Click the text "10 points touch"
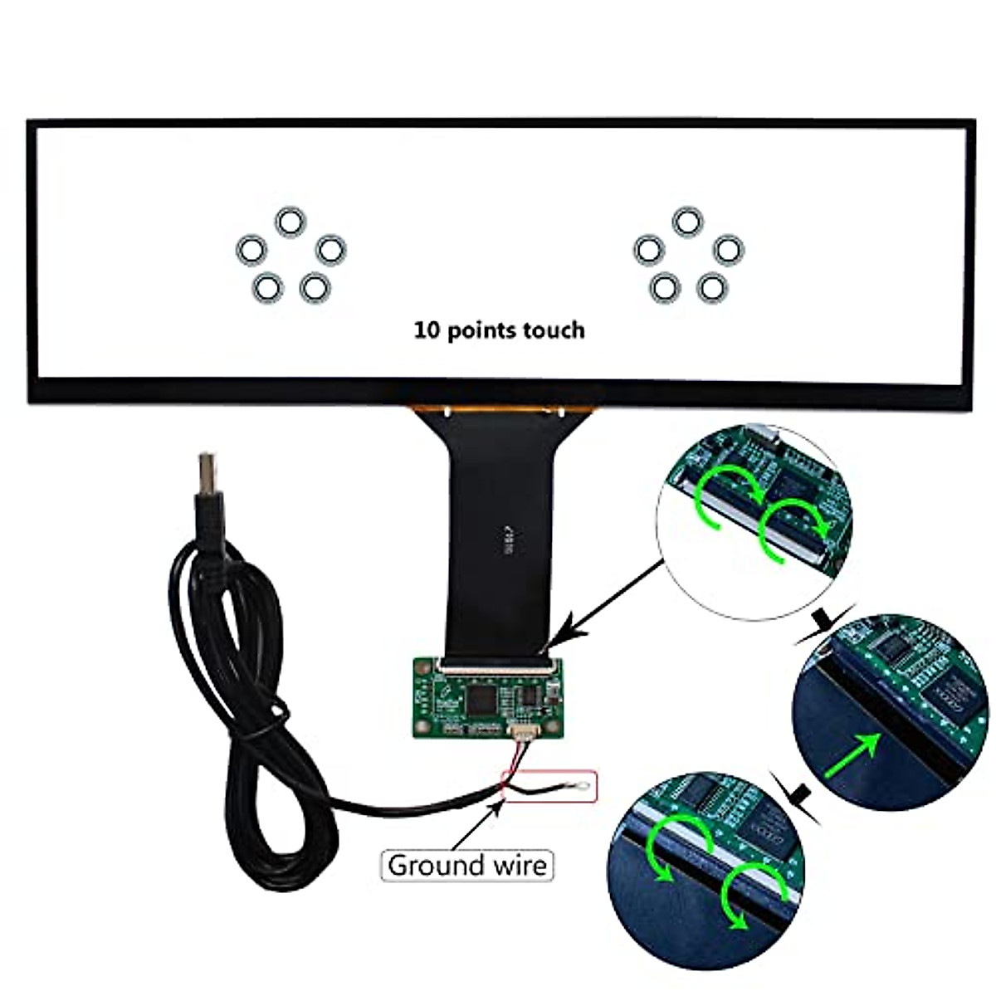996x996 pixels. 499,330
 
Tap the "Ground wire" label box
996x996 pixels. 467,866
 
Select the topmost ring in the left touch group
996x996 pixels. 290,222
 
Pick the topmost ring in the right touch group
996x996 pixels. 687,222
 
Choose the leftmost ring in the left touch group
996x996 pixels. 251,248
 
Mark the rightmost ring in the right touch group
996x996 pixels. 728,248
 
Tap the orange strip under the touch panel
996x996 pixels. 503,410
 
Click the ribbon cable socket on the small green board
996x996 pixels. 496,663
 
